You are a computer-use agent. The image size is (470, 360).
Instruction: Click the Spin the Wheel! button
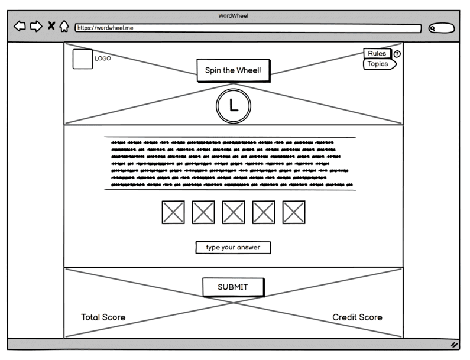(233, 70)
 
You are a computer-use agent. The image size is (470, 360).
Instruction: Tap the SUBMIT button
(233, 287)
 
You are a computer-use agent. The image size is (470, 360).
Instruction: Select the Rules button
(377, 54)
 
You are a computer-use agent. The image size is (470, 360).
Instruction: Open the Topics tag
(378, 64)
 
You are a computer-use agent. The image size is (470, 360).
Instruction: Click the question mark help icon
(397, 54)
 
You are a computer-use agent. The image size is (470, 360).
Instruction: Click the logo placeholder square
(83, 59)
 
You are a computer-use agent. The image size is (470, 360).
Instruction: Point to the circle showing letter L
(234, 106)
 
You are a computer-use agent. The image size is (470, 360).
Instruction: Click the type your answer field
(233, 248)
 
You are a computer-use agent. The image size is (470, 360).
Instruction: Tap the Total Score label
(103, 317)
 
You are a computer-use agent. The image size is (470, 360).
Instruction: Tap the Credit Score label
(357, 317)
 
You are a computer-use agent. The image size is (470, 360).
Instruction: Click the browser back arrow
(20, 26)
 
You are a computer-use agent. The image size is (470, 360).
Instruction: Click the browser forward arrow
(36, 26)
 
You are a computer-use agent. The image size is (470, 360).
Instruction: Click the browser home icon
(64, 26)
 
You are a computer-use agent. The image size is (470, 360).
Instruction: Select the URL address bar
(248, 28)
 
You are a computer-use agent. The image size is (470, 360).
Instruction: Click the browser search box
(442, 28)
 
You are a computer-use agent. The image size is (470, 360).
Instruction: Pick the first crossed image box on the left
(173, 212)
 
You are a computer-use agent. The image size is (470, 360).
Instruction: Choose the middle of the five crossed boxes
(234, 212)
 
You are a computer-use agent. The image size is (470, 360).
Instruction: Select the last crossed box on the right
(294, 212)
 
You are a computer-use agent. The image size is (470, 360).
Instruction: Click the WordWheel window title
(234, 15)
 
